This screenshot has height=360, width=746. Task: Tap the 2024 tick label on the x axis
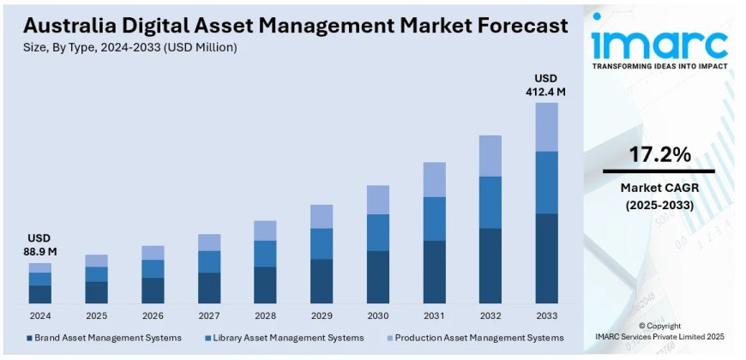pyautogui.click(x=40, y=315)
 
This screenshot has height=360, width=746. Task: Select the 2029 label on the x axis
pyautogui.click(x=322, y=315)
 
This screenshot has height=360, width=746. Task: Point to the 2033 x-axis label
pyautogui.click(x=546, y=315)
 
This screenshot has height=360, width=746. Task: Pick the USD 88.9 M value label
pyautogui.click(x=39, y=244)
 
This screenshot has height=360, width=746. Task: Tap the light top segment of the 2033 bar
pyautogui.click(x=546, y=127)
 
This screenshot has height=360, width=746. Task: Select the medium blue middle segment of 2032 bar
pyautogui.click(x=490, y=202)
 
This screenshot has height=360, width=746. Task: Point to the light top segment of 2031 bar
pyautogui.click(x=434, y=179)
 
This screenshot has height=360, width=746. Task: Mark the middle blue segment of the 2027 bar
pyautogui.click(x=209, y=261)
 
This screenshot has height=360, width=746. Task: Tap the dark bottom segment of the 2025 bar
pyautogui.click(x=97, y=292)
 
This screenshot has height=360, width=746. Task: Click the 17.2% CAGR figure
pyautogui.click(x=659, y=155)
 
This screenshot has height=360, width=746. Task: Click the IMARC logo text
pyautogui.click(x=659, y=43)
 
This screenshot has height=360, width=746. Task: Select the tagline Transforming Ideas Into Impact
pyautogui.click(x=659, y=67)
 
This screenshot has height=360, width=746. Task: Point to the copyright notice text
pyautogui.click(x=659, y=333)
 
